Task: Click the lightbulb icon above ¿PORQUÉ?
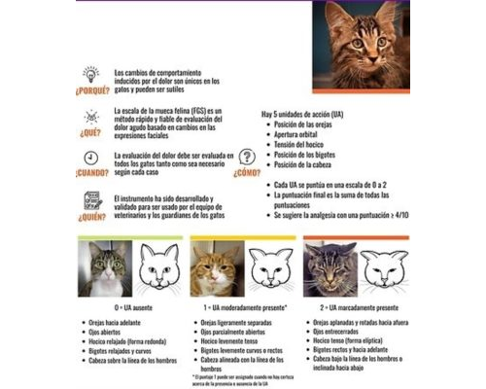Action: (x=89, y=74)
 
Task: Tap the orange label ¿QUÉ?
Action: (x=90, y=134)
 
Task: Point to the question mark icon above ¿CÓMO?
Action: (x=248, y=157)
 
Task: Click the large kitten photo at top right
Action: (x=366, y=43)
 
